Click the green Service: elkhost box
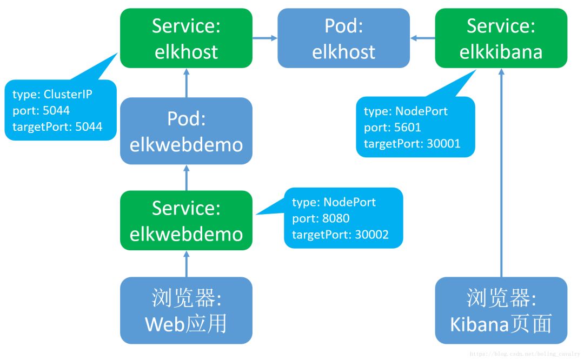pos(186,38)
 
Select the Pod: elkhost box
pos(343,38)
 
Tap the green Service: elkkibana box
pos(501,38)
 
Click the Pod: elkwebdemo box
pos(186,131)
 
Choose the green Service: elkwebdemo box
pos(186,221)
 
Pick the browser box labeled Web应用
pos(186,310)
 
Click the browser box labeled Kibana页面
pos(501,310)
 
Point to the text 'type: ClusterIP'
pos(52,95)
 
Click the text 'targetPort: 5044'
pos(57,126)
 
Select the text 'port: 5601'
pos(393,128)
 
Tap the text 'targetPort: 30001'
pos(412,144)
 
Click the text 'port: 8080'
pos(321,218)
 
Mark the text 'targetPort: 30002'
pos(340,235)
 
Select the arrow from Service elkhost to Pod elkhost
pos(265,38)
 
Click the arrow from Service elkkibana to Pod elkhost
pos(422,38)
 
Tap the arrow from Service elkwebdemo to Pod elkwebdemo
pos(186,177)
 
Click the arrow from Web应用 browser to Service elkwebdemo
pos(186,264)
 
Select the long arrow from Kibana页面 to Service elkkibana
pos(501,173)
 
